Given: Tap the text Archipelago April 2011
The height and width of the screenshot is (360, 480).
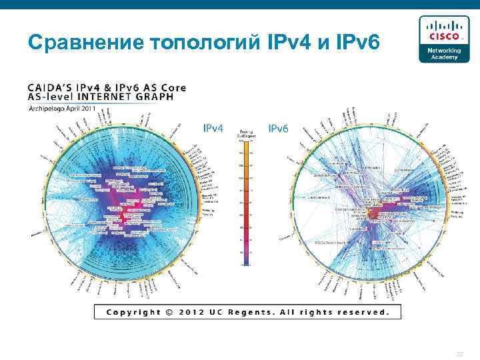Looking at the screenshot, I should click(x=61, y=107).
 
